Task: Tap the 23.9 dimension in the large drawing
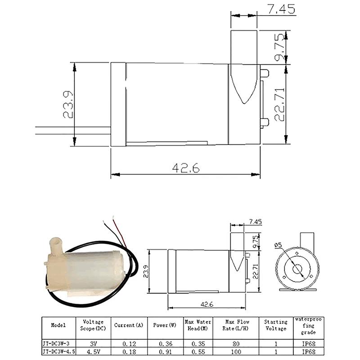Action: [68, 105]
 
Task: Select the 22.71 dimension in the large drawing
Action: [280, 104]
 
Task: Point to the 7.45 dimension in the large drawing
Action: [281, 9]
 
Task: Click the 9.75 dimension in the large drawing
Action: [280, 47]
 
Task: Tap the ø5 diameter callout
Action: [278, 245]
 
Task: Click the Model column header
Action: [58, 325]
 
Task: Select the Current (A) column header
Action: [129, 325]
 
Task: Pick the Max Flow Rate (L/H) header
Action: [236, 325]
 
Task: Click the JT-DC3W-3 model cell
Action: [56, 343]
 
